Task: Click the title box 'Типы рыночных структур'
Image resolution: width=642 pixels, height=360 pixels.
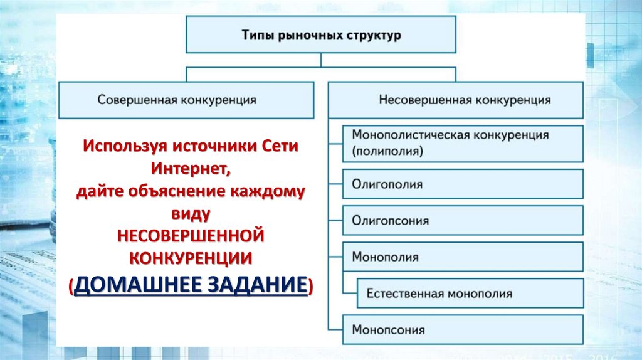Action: [x=321, y=35]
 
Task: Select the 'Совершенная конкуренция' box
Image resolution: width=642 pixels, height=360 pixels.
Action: [x=186, y=100]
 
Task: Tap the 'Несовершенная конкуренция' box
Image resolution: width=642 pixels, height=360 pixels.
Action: [x=456, y=100]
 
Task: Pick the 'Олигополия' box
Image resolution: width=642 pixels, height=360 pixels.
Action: [x=463, y=184]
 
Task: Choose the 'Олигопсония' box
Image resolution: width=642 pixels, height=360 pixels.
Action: [x=463, y=221]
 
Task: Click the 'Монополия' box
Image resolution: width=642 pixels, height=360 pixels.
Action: [x=463, y=257]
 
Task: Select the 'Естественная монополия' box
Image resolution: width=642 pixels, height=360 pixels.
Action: [x=470, y=293]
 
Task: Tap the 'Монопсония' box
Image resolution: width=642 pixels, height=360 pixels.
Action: [x=463, y=329]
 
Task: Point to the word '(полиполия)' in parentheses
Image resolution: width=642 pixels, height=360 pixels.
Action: [x=387, y=151]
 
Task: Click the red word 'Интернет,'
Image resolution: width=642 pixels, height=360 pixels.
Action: [x=191, y=168]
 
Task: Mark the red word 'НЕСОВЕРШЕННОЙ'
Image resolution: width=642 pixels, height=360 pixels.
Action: [x=191, y=235]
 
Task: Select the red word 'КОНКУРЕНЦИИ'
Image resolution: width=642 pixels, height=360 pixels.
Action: [x=191, y=257]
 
